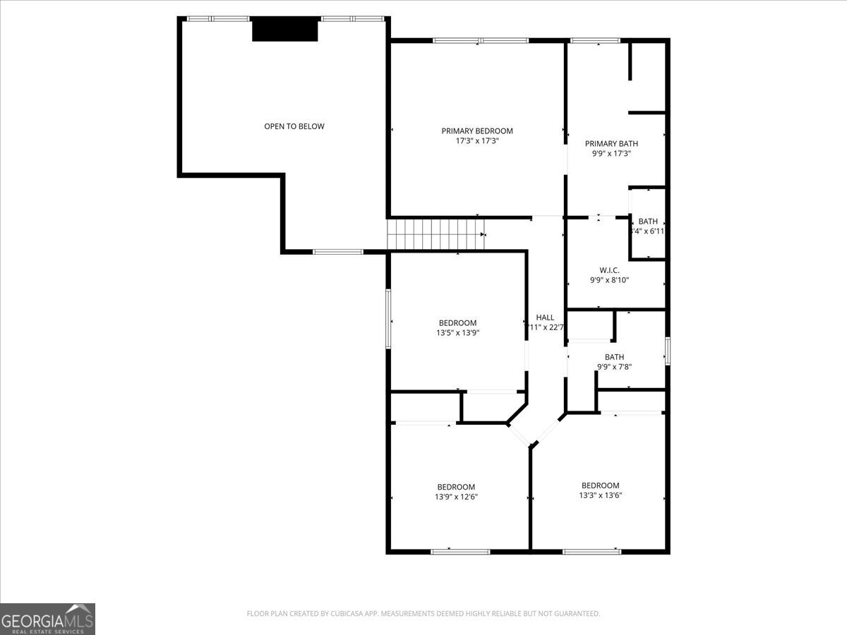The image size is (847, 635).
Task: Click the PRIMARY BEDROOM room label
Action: point(477,131)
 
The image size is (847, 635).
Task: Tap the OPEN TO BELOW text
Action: point(294,126)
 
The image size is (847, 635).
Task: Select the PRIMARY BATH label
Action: point(611,143)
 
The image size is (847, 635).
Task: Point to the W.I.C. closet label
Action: point(609,270)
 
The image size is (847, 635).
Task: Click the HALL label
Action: point(545,317)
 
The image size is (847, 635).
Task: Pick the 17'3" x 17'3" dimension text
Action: point(477,141)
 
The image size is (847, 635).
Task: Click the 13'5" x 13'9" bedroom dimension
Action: point(457,333)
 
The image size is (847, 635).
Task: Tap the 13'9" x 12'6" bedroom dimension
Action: point(455,497)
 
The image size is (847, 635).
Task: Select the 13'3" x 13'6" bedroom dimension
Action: point(600,495)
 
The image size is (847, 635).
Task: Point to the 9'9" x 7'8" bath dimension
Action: point(614,367)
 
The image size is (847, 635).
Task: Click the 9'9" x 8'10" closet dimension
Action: point(609,280)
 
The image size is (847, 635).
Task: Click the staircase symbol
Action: point(436,234)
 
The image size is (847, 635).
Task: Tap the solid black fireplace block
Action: point(285,30)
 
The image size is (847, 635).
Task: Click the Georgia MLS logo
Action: point(47,619)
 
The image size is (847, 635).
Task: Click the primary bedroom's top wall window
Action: point(480,41)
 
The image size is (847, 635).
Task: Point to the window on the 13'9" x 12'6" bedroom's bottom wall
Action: point(460,551)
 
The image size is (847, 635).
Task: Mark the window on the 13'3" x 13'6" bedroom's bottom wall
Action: point(591,551)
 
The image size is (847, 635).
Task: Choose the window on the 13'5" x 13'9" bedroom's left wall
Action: point(388,318)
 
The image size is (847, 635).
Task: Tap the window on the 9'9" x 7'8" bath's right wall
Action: point(667,351)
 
